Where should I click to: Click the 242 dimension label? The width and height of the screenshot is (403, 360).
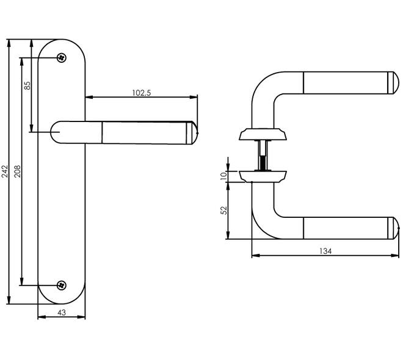(5, 171)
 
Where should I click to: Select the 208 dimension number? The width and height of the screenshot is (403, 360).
(18, 171)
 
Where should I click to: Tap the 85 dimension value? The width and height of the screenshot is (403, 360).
(27, 85)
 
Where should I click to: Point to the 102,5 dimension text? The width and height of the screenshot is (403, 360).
(142, 93)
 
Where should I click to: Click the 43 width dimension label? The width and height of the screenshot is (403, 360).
(62, 312)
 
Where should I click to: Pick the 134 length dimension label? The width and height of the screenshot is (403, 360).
(325, 251)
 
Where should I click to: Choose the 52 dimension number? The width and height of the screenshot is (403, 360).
(224, 211)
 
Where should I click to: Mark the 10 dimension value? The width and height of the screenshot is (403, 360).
(224, 176)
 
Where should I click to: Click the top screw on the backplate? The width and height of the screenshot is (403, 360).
(62, 58)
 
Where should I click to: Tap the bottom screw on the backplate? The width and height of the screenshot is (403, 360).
(62, 285)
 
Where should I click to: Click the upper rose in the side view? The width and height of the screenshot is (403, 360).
(263, 134)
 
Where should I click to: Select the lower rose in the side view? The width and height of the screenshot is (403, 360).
(263, 176)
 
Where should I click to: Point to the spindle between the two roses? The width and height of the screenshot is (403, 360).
(263, 155)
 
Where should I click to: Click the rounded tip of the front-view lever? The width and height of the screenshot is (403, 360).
(195, 133)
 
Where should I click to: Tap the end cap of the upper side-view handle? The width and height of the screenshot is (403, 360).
(396, 83)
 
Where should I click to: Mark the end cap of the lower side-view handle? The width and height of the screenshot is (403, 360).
(396, 228)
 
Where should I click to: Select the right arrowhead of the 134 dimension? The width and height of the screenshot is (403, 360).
(395, 256)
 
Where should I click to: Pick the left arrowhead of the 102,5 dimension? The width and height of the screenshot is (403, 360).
(89, 97)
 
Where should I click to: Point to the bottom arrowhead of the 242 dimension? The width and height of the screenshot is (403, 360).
(9, 300)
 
